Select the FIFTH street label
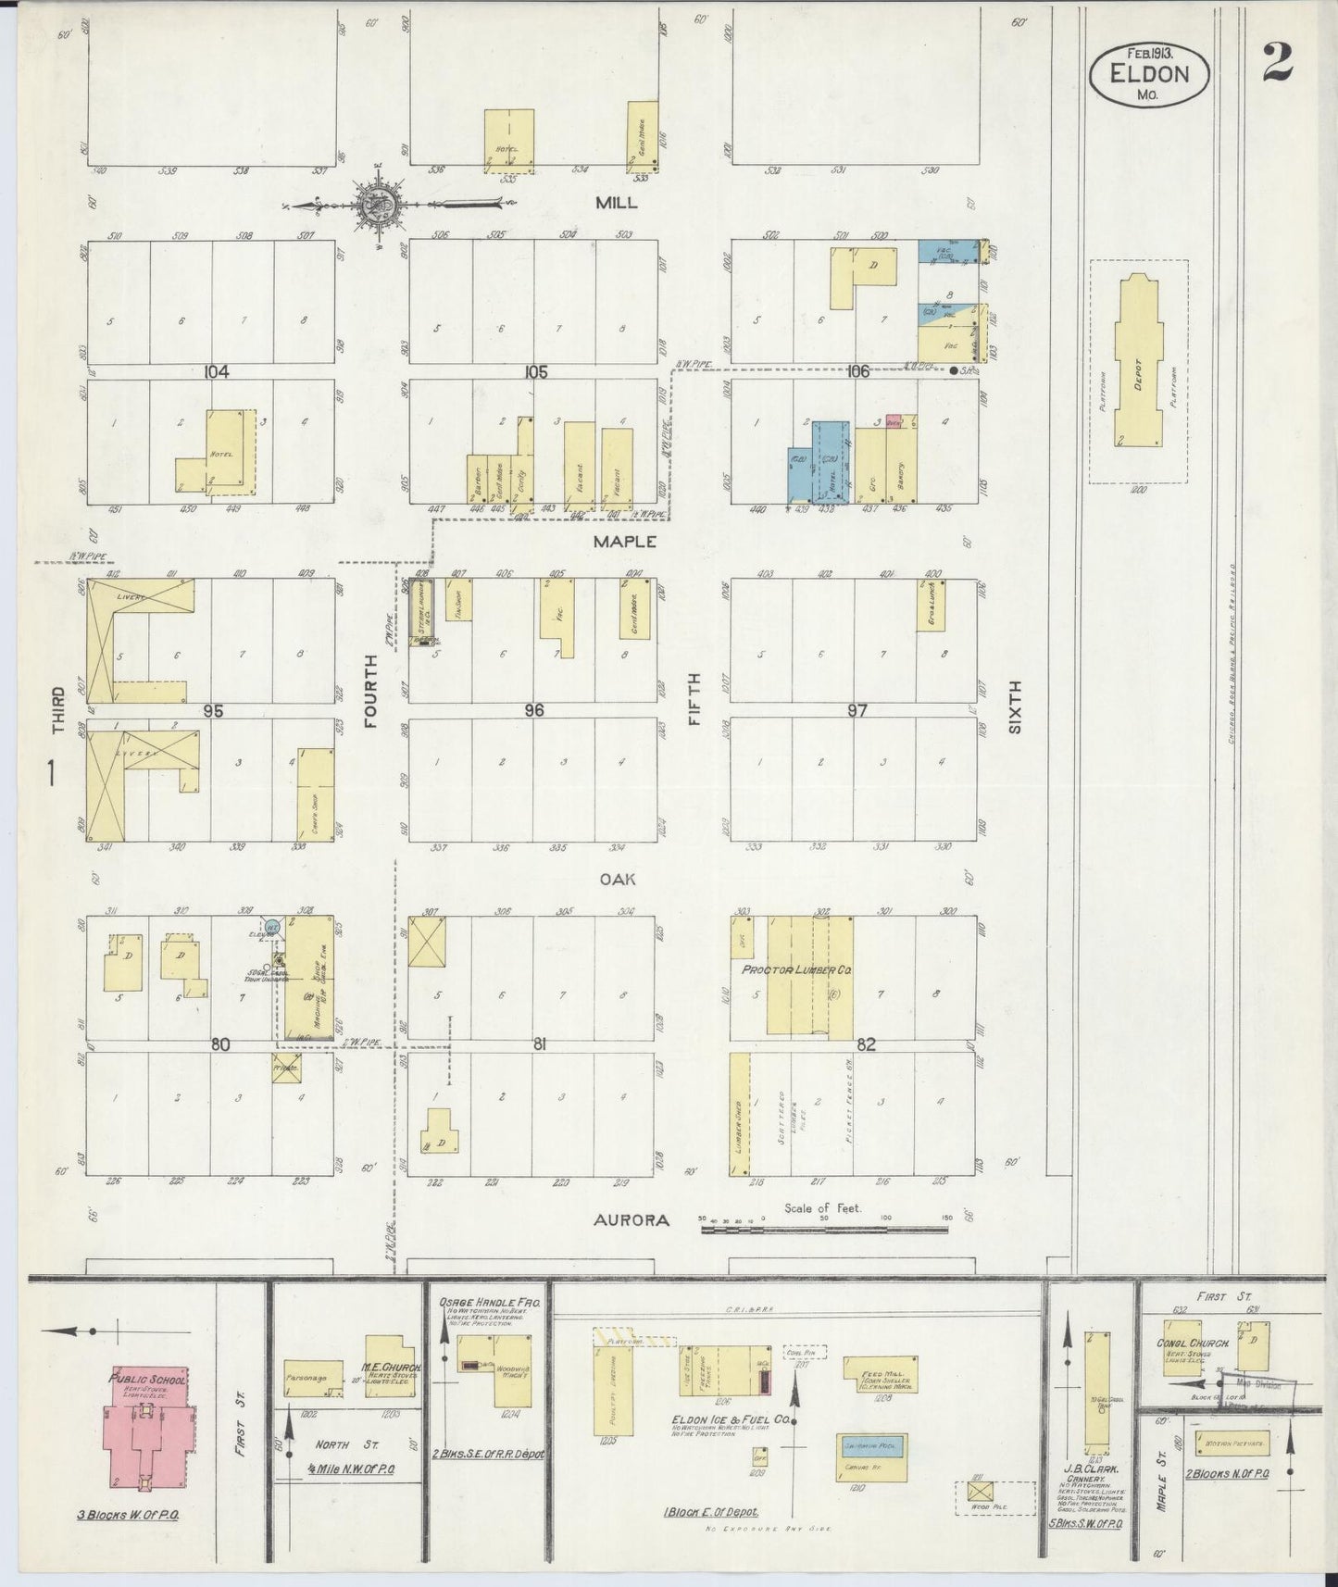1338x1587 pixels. [x=694, y=699]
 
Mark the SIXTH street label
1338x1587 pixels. [x=1014, y=706]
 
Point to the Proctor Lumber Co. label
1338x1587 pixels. [x=796, y=969]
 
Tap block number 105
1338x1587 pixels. [x=535, y=371]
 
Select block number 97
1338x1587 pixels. [x=857, y=710]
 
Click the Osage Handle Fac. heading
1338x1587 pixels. [x=489, y=1301]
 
